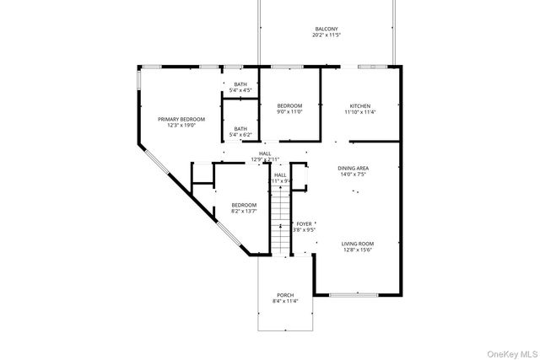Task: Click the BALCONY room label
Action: [326, 29]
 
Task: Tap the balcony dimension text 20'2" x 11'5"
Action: [326, 35]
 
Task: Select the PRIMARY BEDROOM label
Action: [181, 119]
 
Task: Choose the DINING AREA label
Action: [354, 168]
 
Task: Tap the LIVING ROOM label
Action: [358, 244]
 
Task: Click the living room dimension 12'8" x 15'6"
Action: [358, 250]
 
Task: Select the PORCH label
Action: [285, 294]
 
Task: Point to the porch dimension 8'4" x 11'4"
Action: [285, 301]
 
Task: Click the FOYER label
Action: [304, 223]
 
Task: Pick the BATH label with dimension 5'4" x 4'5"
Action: [240, 83]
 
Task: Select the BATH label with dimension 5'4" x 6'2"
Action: [240, 128]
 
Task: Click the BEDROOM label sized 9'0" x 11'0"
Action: [289, 105]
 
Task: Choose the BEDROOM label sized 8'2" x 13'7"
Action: [244, 205]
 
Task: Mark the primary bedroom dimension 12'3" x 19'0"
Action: [181, 126]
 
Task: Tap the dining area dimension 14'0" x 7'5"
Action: [354, 175]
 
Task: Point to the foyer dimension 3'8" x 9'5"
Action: [304, 229]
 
